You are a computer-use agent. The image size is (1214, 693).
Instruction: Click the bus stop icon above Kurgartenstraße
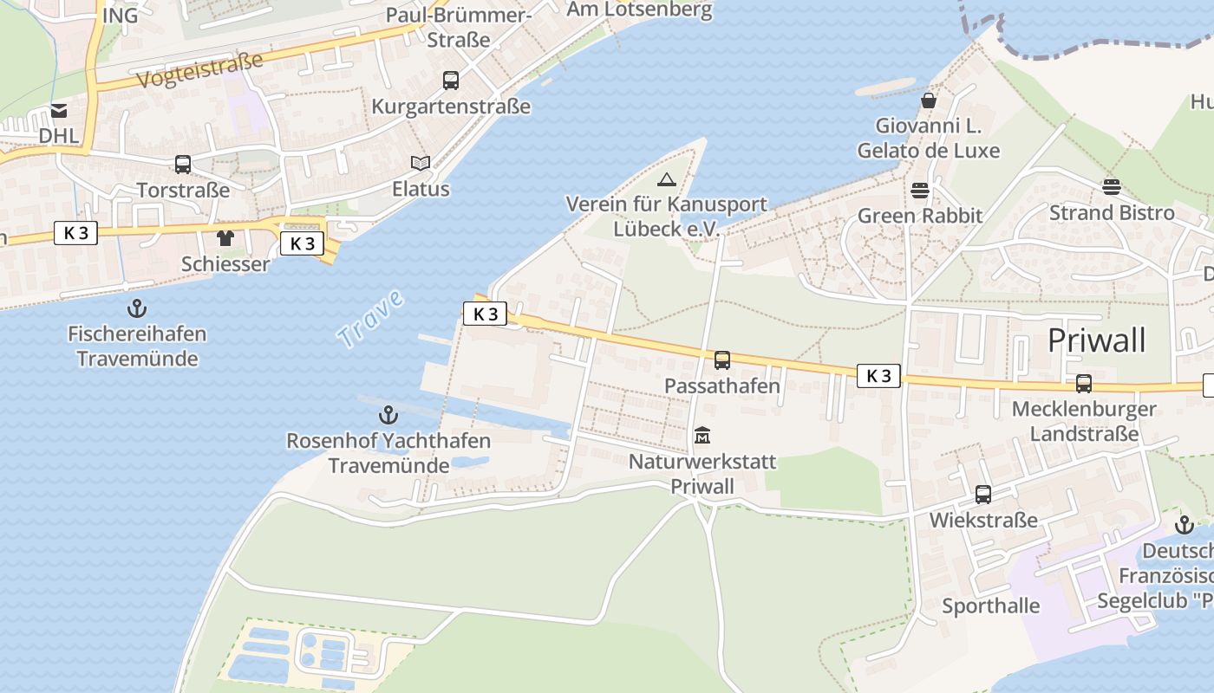(x=451, y=81)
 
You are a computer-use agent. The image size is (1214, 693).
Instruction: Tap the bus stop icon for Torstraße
(x=183, y=164)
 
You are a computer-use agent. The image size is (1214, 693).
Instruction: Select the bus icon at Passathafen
(x=722, y=359)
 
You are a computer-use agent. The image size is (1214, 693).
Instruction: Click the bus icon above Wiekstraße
(x=983, y=494)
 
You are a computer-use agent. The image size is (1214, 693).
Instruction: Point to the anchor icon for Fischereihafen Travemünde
(x=136, y=308)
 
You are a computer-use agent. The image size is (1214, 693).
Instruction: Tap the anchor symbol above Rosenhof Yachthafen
(x=388, y=415)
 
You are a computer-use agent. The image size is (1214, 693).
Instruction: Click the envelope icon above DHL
(x=59, y=110)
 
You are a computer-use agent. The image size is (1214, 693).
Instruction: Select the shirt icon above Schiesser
(x=225, y=237)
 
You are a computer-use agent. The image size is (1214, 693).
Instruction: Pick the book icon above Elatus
(x=421, y=163)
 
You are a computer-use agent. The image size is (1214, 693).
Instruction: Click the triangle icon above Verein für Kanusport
(x=666, y=179)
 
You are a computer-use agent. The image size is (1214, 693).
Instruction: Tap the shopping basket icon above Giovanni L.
(x=929, y=100)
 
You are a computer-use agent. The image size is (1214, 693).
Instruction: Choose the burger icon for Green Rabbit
(x=920, y=190)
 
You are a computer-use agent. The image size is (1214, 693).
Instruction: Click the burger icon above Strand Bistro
(x=1112, y=186)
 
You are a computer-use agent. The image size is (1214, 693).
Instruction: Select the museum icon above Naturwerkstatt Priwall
(x=702, y=435)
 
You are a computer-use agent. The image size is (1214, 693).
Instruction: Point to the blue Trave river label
(x=371, y=320)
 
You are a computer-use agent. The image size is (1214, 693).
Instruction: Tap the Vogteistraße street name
(x=199, y=69)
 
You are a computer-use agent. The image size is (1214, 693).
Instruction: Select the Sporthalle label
(x=991, y=606)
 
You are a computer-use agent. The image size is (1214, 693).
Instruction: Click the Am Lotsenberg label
(x=639, y=10)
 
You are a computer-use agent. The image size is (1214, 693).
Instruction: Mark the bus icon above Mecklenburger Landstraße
(x=1084, y=383)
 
